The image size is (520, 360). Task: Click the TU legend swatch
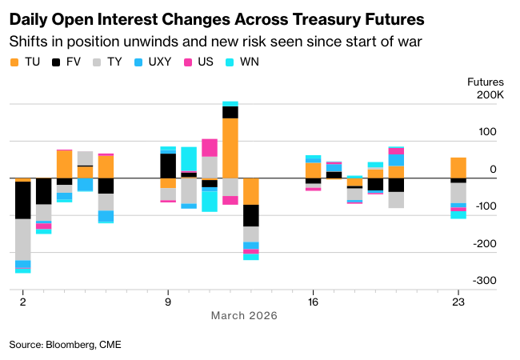pyautogui.click(x=14, y=62)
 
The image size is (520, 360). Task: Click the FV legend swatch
pyautogui.click(x=56, y=62)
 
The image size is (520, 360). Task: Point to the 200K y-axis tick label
pyautogui.click(x=490, y=95)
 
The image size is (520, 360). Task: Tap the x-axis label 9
pyautogui.click(x=168, y=302)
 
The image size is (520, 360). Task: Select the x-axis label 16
pyautogui.click(x=314, y=302)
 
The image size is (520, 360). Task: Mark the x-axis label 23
pyautogui.click(x=458, y=302)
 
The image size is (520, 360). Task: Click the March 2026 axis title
pyautogui.click(x=244, y=316)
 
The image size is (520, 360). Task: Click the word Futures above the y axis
pyautogui.click(x=486, y=82)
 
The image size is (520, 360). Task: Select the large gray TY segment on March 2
pyautogui.click(x=22, y=239)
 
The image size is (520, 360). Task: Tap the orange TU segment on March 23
pyautogui.click(x=458, y=168)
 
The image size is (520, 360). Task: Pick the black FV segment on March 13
pyautogui.click(x=251, y=215)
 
